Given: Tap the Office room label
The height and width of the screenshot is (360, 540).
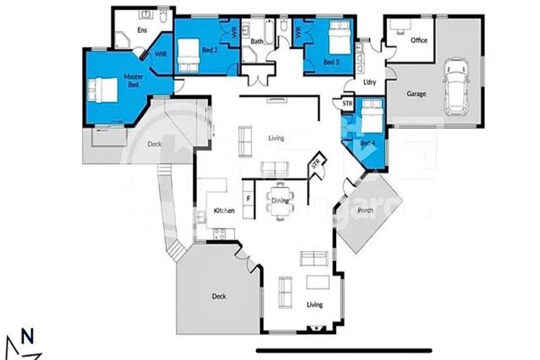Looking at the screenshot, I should pos(419,41).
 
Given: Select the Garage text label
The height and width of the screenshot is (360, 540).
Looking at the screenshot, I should pos(416,94).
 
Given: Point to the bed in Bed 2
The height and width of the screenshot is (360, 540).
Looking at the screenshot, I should pos(188,56).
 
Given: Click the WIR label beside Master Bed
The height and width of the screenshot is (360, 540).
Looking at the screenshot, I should pos(161,53).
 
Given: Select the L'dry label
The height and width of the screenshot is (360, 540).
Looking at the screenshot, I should pos(370,82).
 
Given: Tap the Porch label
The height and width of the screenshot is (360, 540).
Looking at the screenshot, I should pos(366,209).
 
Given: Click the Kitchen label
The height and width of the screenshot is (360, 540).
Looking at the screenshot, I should pos(224,211).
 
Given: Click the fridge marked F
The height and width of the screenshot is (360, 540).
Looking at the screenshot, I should pos(247,200).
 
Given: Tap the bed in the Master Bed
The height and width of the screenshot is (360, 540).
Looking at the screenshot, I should pos(102,90).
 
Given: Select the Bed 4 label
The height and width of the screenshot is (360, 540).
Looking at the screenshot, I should pos(368,143).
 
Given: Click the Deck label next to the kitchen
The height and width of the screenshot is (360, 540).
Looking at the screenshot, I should pos(219,296).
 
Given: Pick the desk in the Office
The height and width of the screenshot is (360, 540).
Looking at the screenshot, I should pos(399,25).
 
